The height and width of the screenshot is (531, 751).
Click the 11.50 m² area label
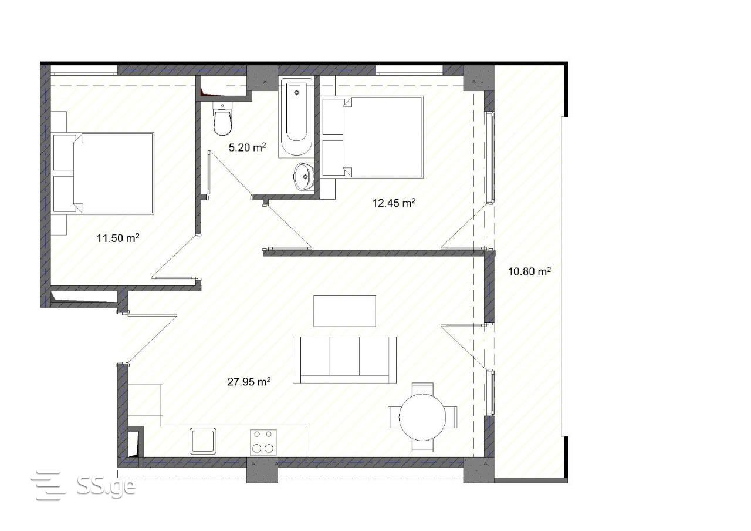click(x=118, y=238)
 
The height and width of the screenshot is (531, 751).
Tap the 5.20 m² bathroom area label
click(x=248, y=147)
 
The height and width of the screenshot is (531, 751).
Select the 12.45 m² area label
click(x=394, y=203)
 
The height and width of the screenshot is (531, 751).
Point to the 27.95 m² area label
click(x=249, y=382)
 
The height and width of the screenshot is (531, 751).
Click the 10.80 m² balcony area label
click(x=529, y=271)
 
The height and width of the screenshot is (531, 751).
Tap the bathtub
click(x=296, y=117)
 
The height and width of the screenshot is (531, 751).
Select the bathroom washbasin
click(x=304, y=177)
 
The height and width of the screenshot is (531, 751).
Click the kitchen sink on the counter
click(x=203, y=441)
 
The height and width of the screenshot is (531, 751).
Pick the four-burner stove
click(x=263, y=442)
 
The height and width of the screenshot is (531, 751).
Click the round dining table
click(x=422, y=417)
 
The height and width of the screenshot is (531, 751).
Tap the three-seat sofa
click(x=344, y=360)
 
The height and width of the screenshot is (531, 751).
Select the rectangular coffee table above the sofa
click(x=344, y=311)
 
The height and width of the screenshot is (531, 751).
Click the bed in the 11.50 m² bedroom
click(x=103, y=173)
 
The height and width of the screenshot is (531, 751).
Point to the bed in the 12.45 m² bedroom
click(x=372, y=137)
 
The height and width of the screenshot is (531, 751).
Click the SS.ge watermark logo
click(x=84, y=486)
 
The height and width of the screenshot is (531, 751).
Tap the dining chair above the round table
click(x=422, y=389)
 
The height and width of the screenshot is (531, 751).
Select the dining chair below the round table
click(x=422, y=446)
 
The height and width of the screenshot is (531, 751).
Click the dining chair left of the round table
click(x=394, y=417)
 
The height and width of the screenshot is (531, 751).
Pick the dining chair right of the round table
click(x=451, y=417)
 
